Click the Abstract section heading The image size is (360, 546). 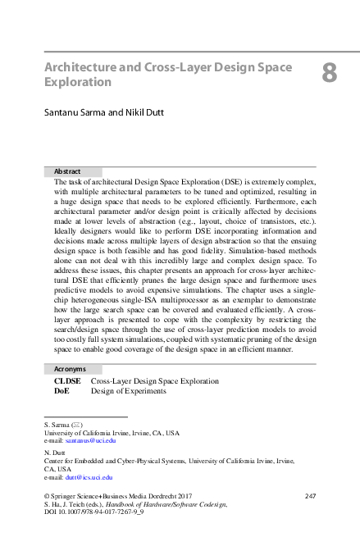pos(67,171)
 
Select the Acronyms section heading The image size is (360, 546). pos(70,369)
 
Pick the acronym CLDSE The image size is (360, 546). pos(67,381)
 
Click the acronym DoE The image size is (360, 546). pos(62,391)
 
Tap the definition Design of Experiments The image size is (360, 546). pos(128,391)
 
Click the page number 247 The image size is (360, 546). pos(310,496)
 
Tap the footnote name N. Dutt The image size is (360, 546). pos(54,452)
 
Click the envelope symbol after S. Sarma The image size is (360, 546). pos(75,424)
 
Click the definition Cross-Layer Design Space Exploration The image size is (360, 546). pos(154,381)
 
